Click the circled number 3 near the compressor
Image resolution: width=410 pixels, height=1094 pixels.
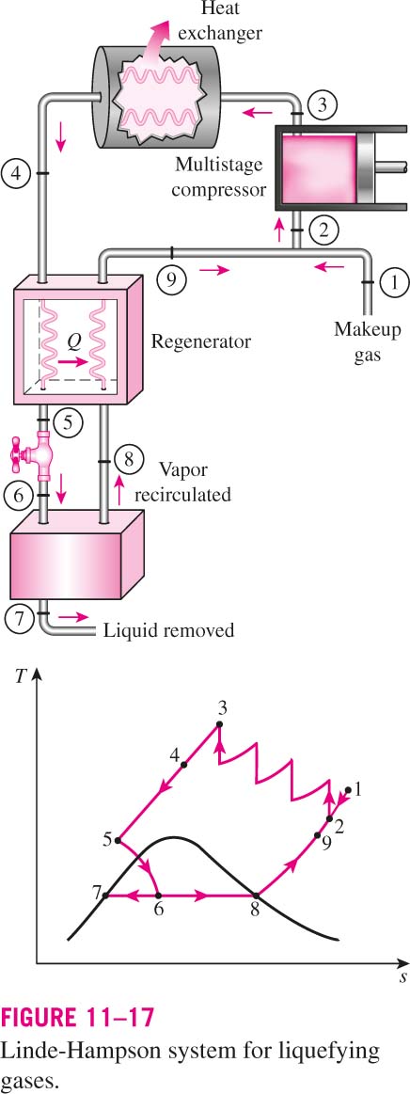(x=323, y=106)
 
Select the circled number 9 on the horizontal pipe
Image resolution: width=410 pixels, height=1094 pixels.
(x=171, y=279)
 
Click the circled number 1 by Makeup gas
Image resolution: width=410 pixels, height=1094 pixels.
(x=394, y=282)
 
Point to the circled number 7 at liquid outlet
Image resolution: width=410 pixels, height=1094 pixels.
(x=18, y=617)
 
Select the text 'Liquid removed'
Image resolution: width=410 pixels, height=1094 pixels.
(x=168, y=631)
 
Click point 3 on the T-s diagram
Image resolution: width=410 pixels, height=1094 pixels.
(x=219, y=725)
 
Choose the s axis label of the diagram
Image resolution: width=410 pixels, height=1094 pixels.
(x=403, y=977)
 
